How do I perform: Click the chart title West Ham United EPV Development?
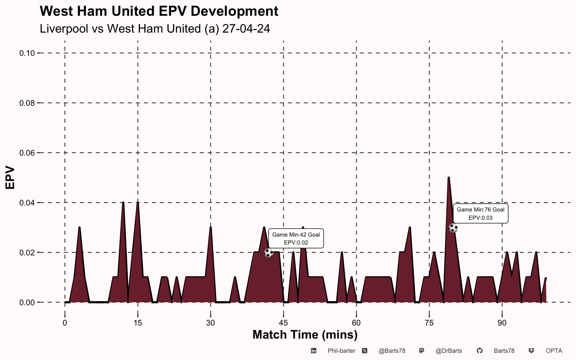click(x=159, y=11)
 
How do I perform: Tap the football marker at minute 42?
click(x=269, y=253)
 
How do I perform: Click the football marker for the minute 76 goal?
click(x=453, y=228)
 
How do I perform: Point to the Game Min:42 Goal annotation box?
click(x=296, y=238)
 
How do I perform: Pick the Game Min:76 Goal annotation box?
click(x=480, y=213)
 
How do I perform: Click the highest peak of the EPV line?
click(x=448, y=177)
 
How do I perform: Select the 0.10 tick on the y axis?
click(x=27, y=53)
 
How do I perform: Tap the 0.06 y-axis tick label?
click(x=27, y=153)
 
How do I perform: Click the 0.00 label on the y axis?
click(x=27, y=303)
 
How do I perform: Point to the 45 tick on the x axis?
click(x=283, y=323)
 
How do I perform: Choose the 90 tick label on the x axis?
click(x=502, y=323)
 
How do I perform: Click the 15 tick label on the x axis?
click(x=138, y=323)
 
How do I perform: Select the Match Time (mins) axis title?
click(x=305, y=335)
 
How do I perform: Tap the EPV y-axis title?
click(x=10, y=178)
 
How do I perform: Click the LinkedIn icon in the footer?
click(x=313, y=351)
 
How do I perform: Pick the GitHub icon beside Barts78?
click(x=480, y=351)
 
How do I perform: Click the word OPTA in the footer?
click(x=554, y=351)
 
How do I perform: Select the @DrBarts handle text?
click(x=449, y=351)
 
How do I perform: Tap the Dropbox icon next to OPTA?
click(x=531, y=351)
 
